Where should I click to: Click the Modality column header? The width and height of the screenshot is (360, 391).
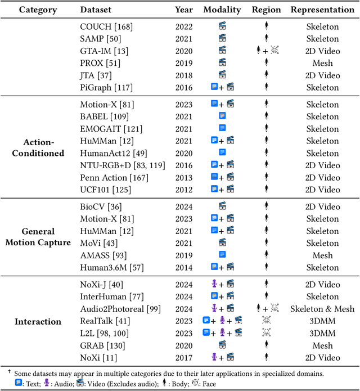tap(222, 10)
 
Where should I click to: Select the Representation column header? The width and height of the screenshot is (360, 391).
tap(323, 10)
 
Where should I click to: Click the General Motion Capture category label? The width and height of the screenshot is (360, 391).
tap(46, 237)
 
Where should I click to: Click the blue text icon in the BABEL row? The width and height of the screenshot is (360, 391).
tap(222, 116)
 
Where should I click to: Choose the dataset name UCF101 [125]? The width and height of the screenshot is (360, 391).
tap(104, 190)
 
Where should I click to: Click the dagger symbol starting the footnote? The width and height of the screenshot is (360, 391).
tap(9, 371)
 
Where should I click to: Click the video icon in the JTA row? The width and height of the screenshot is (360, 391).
tap(222, 75)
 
